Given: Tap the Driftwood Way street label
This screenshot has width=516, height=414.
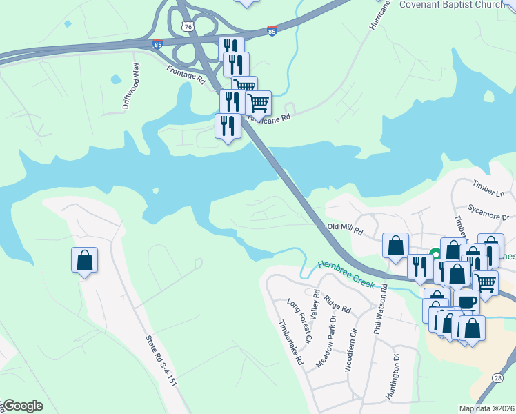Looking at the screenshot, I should [131, 87].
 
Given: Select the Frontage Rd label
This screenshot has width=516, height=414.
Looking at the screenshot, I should [186, 75].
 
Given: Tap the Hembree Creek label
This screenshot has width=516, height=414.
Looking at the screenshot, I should [346, 274].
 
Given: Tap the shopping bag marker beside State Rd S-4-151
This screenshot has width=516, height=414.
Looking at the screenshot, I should [84, 260].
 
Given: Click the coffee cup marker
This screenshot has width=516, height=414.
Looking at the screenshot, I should [466, 302].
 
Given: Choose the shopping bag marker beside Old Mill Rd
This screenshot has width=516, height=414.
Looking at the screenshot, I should [395, 246].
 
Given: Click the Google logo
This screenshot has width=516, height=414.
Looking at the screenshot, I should [22, 406].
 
